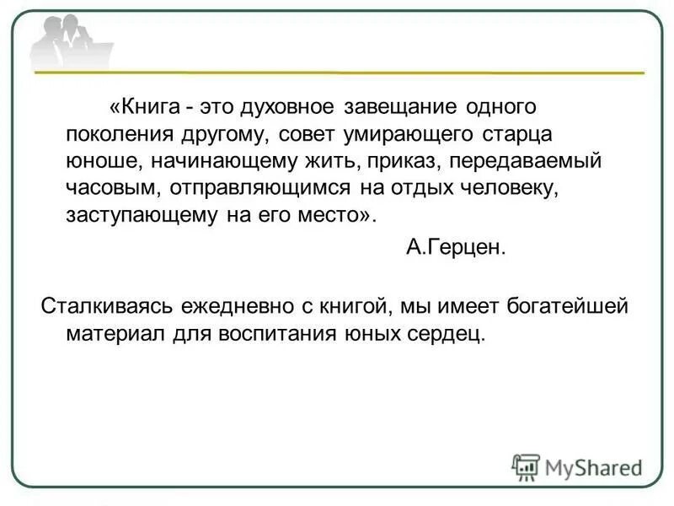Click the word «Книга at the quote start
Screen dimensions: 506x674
point(144,109)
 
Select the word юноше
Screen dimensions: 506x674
point(91,160)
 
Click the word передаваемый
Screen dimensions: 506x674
point(490,160)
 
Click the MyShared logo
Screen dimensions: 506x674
point(577,466)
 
